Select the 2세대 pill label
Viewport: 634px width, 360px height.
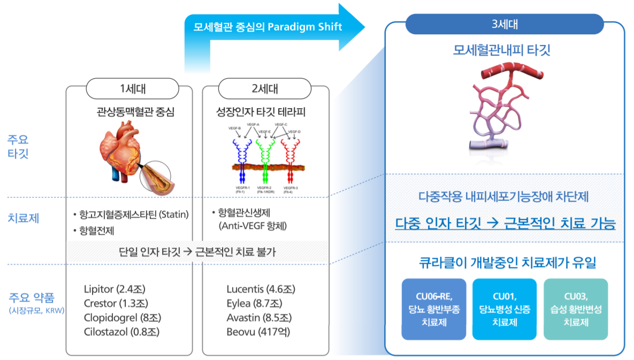(264, 89)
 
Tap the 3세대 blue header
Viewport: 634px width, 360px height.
(504, 24)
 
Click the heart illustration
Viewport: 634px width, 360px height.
(120, 150)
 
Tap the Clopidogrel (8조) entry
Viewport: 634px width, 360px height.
(123, 318)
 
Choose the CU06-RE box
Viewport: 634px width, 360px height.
(433, 309)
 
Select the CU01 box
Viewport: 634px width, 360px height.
(504, 309)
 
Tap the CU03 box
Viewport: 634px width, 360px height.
(575, 309)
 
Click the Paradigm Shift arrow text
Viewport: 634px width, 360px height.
(263, 27)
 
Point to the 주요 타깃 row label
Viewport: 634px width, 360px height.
(18, 147)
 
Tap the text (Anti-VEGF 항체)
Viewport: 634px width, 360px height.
(253, 226)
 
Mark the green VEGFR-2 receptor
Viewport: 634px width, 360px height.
(264, 155)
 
